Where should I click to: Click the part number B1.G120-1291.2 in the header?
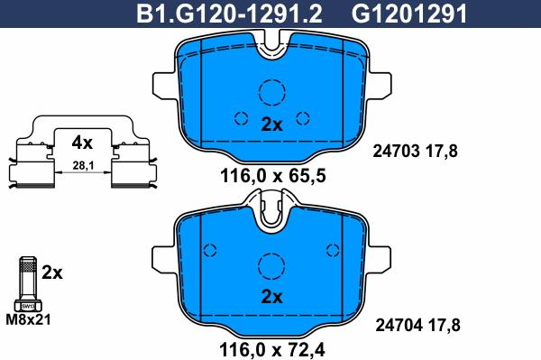pyautogui.click(x=229, y=14)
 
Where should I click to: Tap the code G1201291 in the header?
pyautogui.click(x=409, y=14)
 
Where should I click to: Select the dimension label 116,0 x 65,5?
pyautogui.click(x=272, y=176)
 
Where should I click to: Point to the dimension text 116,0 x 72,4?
pyautogui.click(x=272, y=350)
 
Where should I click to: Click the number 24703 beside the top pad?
pyautogui.click(x=396, y=152)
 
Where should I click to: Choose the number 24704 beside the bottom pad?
pyautogui.click(x=399, y=325)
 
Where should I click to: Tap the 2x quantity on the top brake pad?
pyautogui.click(x=271, y=125)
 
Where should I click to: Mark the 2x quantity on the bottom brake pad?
pyautogui.click(x=271, y=297)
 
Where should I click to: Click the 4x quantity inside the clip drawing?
pyautogui.click(x=82, y=143)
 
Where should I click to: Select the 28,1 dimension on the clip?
pyautogui.click(x=83, y=166)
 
